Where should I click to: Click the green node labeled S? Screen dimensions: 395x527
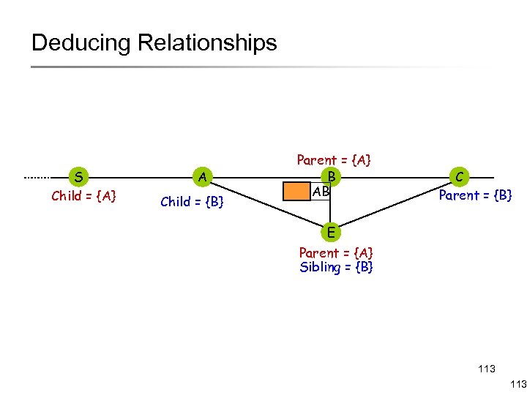[x=78, y=177]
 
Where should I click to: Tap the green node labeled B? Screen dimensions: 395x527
[x=331, y=177]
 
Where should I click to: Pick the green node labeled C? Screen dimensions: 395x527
[x=458, y=177]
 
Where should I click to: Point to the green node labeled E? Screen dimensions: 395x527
[x=331, y=233]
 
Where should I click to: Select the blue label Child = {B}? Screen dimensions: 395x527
[x=191, y=202]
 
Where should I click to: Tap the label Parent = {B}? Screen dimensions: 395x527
[x=475, y=195]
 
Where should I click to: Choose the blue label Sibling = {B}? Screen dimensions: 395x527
[x=336, y=268]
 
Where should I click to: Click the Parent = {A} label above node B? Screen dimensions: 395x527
[x=333, y=160]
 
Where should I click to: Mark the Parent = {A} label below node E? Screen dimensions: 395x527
[x=336, y=253]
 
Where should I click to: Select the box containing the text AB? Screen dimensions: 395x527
[x=321, y=192]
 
